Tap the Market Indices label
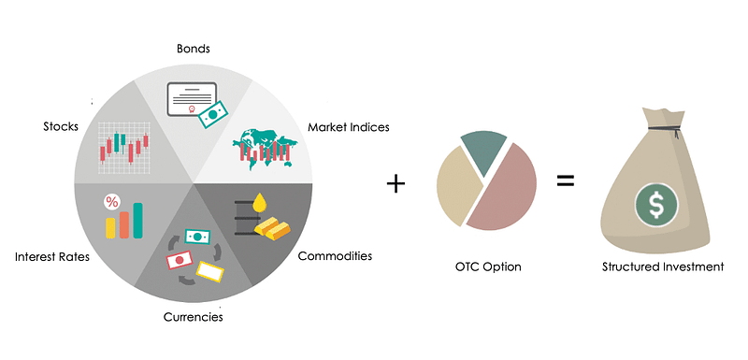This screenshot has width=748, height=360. (x=349, y=127)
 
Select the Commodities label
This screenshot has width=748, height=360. (x=335, y=255)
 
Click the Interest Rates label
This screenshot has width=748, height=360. (x=51, y=255)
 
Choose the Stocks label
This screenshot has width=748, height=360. (x=60, y=125)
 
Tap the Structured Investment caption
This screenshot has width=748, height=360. (x=663, y=267)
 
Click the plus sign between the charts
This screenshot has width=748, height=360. (x=396, y=182)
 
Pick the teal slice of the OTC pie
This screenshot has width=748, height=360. (x=483, y=151)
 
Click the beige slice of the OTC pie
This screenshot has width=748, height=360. (x=455, y=186)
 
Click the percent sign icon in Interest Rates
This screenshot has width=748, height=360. (x=112, y=201)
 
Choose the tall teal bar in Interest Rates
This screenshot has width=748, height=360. (x=138, y=220)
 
